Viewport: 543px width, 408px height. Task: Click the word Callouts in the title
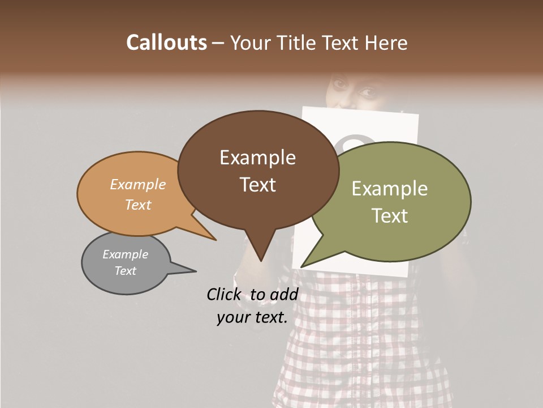pyautogui.click(x=166, y=43)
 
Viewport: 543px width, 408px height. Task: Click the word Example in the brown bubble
pyautogui.click(x=257, y=158)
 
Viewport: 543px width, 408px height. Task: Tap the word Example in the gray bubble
pyautogui.click(x=125, y=254)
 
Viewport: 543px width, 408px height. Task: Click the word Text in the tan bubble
pyautogui.click(x=138, y=205)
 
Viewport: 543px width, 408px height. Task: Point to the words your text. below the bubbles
pyautogui.click(x=252, y=318)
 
